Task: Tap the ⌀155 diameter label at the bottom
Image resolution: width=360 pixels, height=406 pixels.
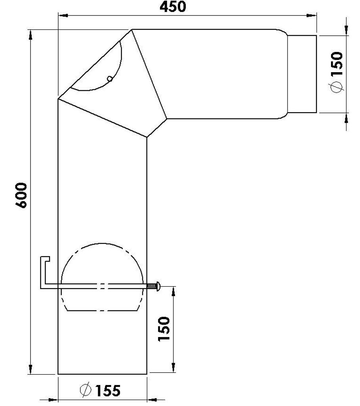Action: click(99, 391)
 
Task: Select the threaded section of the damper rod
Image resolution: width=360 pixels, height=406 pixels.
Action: click(152, 285)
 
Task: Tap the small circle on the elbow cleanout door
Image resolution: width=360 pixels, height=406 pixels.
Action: click(110, 79)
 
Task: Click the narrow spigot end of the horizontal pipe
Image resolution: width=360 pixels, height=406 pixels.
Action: click(302, 74)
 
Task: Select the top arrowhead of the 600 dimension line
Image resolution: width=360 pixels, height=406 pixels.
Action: click(30, 35)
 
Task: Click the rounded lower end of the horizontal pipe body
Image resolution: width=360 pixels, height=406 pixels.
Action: click(282, 116)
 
